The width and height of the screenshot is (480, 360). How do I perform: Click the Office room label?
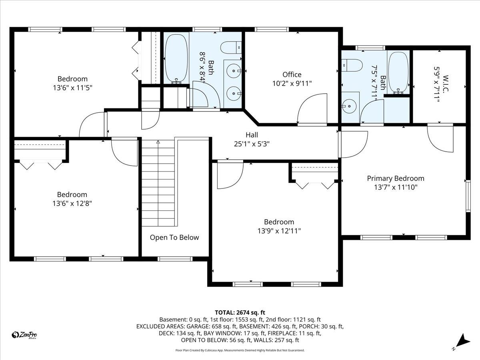[292, 74]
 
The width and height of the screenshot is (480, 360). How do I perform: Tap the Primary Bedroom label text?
[396, 178]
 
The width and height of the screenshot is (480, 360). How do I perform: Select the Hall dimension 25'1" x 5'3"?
[252, 144]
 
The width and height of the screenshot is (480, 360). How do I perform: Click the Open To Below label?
[174, 237]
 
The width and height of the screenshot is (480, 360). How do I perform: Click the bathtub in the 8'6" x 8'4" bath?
[176, 58]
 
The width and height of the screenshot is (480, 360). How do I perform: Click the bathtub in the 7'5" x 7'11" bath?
[398, 72]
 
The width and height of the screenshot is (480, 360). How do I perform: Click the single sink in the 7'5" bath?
[350, 106]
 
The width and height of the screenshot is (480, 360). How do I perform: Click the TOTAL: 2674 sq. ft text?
[240, 312]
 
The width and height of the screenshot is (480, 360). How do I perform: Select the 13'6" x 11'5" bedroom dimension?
[72, 87]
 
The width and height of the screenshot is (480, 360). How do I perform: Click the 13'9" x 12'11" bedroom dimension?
[279, 231]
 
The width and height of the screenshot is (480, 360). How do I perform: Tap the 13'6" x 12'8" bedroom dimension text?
[72, 203]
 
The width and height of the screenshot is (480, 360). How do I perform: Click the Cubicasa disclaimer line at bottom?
[240, 350]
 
